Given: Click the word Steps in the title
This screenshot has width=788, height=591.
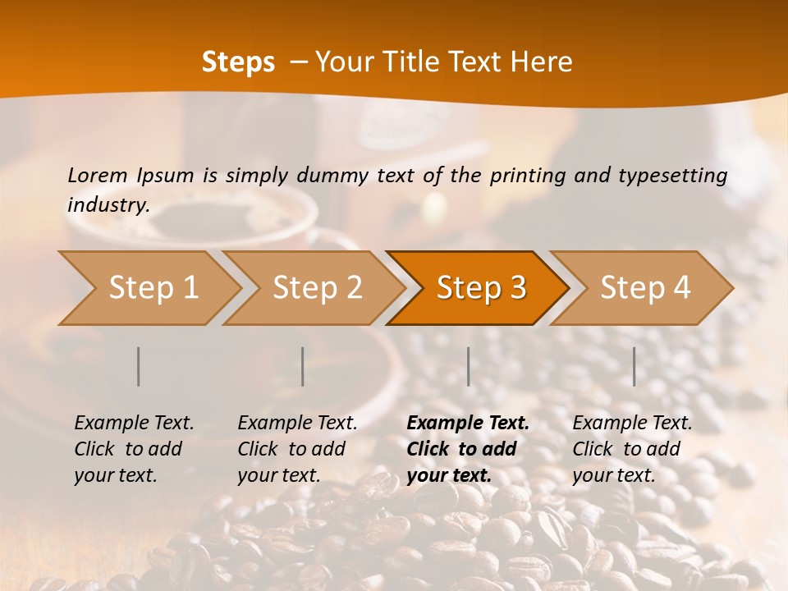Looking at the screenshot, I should (238, 62).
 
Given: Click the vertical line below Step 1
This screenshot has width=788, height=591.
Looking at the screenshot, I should (139, 366).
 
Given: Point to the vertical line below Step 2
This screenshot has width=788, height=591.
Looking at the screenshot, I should (303, 366).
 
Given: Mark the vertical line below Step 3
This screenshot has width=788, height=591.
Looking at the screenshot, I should (469, 366).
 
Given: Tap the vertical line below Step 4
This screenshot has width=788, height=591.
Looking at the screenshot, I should (635, 366).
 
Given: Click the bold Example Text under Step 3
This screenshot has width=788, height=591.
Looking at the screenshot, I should (468, 449).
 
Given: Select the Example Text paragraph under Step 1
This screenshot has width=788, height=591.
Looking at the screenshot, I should (134, 449).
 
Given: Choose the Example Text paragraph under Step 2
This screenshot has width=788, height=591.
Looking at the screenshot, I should (297, 449).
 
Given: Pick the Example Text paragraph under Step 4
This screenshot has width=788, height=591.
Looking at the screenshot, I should (632, 449).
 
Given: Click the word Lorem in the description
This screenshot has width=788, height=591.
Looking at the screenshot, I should (98, 175).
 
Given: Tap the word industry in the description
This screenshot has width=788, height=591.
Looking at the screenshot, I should (108, 205).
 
